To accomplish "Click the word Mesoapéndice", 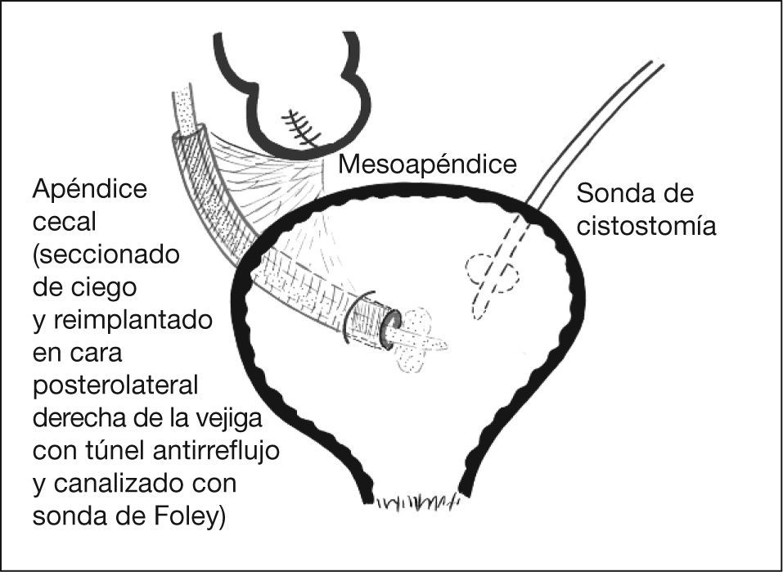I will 428,165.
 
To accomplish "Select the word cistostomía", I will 646,224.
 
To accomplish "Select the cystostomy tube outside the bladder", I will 597,130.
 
